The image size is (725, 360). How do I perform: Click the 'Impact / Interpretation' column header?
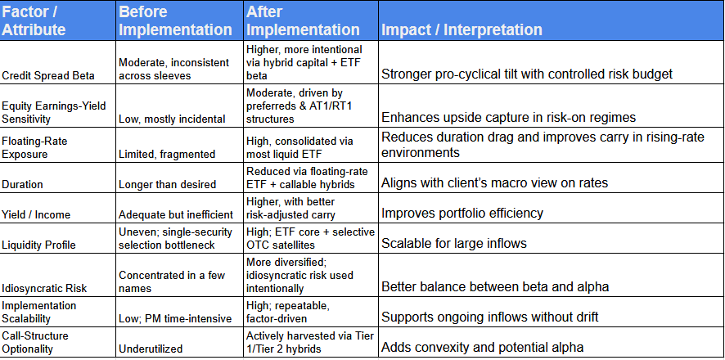(x=461, y=29)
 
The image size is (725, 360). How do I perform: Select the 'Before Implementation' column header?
(x=175, y=20)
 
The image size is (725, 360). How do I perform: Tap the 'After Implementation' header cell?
(x=303, y=20)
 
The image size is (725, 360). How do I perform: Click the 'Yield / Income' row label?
(x=37, y=214)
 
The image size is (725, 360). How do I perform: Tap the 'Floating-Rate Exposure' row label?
(x=36, y=147)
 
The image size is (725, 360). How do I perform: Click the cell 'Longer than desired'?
(x=166, y=185)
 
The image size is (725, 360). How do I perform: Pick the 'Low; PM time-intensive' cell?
(x=175, y=317)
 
